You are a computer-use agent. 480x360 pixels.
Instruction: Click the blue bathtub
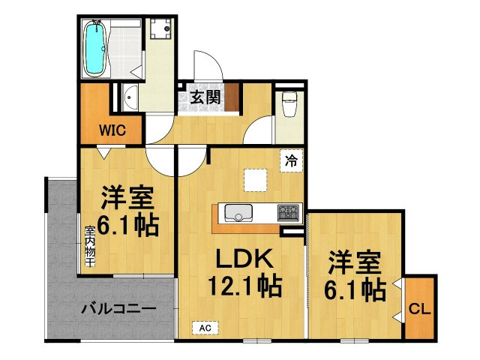[x=94, y=47]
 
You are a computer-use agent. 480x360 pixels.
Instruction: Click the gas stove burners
[x=288, y=213]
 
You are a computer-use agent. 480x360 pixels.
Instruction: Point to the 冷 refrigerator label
[x=291, y=159]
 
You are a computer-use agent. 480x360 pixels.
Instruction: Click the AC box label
[x=204, y=328]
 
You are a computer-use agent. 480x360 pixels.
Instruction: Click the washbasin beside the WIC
[x=130, y=97]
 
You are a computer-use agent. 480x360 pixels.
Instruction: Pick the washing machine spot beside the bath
[x=160, y=31]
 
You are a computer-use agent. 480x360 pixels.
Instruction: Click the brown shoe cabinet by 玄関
[x=232, y=97]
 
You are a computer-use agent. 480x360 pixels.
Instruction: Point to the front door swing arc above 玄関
[x=205, y=63]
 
